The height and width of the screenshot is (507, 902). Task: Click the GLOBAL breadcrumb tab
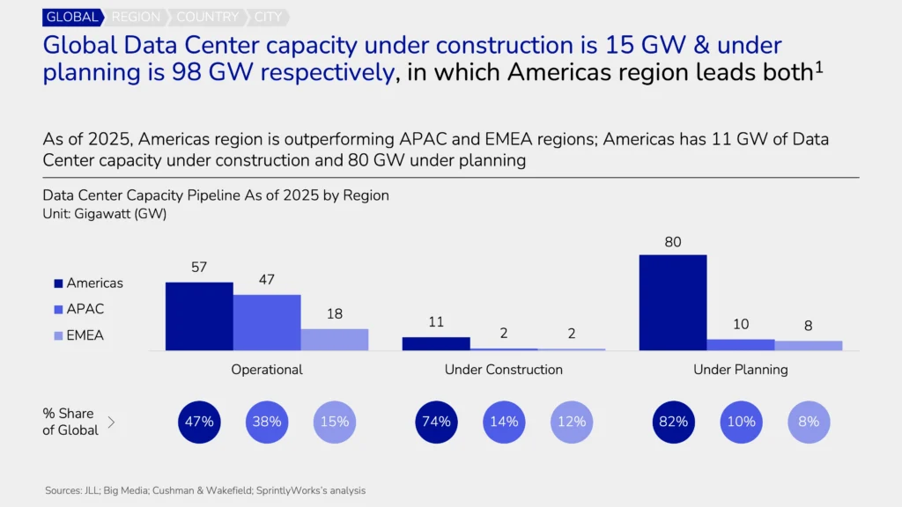coord(72,17)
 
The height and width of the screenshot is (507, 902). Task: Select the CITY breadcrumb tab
coord(270,17)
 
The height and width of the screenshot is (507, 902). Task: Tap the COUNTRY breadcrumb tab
coord(208,17)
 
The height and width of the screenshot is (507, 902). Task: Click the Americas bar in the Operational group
coord(199,317)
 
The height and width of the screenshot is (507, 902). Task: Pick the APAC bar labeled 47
coord(267,323)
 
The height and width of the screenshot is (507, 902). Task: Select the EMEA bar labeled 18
coord(335,340)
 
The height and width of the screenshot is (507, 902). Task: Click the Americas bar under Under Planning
coord(673,303)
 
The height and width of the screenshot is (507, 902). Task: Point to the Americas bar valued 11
coord(436,344)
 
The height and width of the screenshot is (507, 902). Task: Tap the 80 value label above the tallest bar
coord(673,242)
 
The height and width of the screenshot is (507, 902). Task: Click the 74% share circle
coord(436,422)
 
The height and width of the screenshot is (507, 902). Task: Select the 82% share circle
coord(673,422)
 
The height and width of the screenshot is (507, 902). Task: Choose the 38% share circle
coord(267,422)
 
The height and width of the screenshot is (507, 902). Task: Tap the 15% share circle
coord(335,422)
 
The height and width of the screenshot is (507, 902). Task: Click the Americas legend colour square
coord(58,283)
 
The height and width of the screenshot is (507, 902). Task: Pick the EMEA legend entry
coord(85,335)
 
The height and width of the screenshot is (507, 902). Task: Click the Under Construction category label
coord(504,370)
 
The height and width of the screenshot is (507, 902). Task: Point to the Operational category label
coord(267,370)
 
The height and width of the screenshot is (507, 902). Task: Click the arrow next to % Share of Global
coord(111,422)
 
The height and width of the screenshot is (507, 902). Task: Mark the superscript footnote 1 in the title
coord(818,67)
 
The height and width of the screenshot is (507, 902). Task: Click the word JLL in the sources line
coord(92,490)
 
